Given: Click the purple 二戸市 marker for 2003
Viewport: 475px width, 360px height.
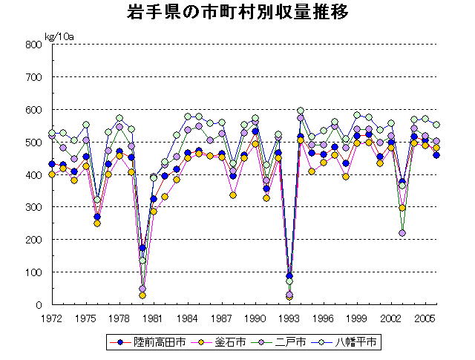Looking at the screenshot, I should pyautogui.click(x=402, y=233).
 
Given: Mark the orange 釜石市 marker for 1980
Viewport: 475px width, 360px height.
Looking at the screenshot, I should pyautogui.click(x=142, y=295).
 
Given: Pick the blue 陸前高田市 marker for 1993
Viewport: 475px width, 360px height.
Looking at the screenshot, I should pyautogui.click(x=289, y=276).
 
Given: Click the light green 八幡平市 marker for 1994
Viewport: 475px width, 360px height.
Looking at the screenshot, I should pyautogui.click(x=301, y=111).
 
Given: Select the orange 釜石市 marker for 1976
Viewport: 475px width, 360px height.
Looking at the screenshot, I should pyautogui.click(x=97, y=223).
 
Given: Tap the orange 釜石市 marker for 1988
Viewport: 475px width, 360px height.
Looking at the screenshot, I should pyautogui.click(x=233, y=195).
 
